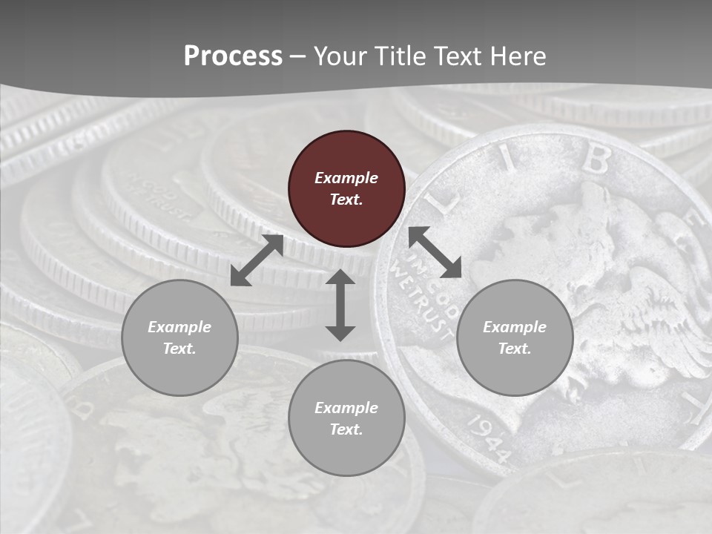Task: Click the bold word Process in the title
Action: coord(233,56)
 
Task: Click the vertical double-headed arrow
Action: coord(340,305)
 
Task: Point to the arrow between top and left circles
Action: coord(257,260)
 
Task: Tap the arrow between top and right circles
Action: coord(435,252)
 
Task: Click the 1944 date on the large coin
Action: coord(489,438)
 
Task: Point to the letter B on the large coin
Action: coord(596,158)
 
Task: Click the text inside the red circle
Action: coord(346,188)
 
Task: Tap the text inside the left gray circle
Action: coord(179,337)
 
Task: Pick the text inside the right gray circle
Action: coord(515,337)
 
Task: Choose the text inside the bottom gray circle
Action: coord(346,418)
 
